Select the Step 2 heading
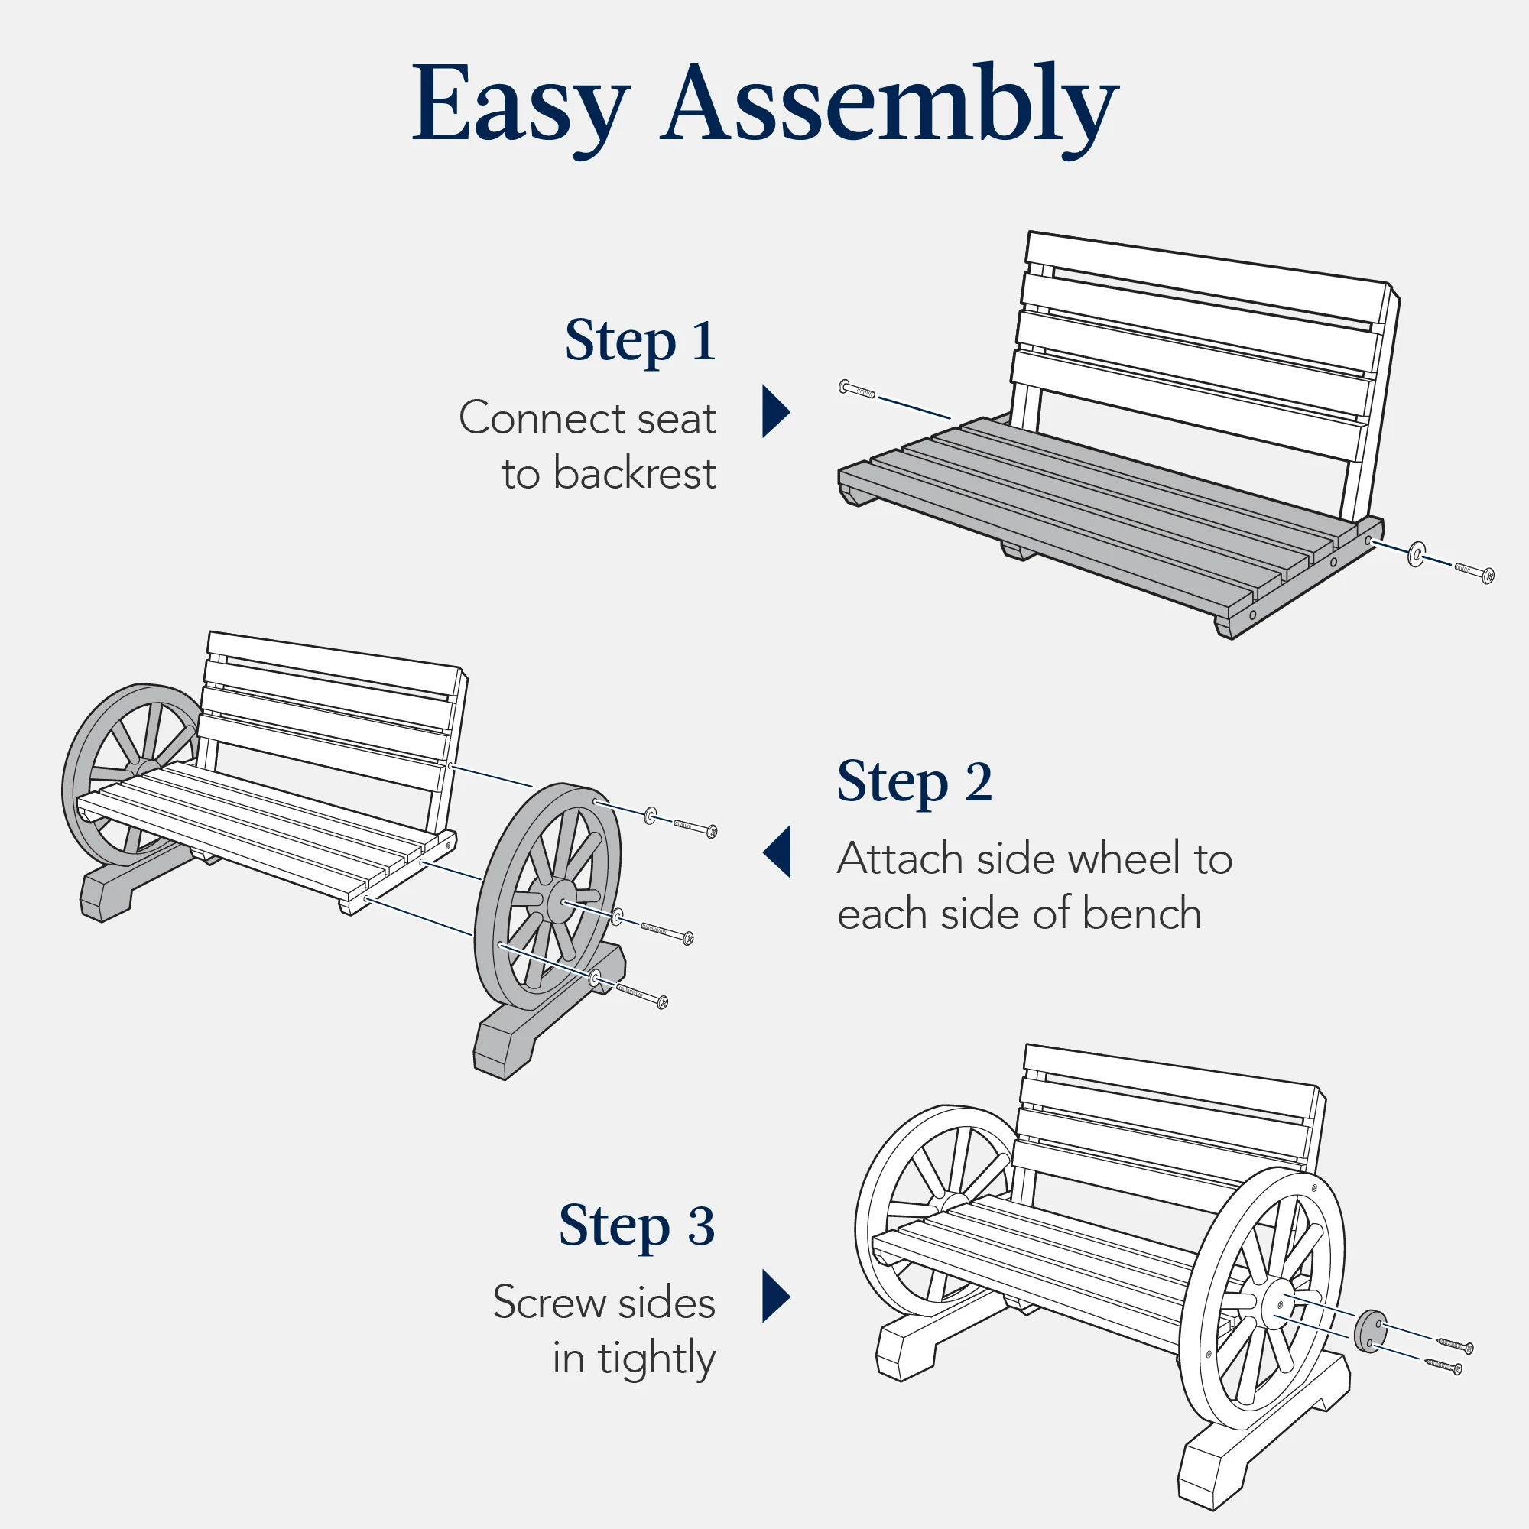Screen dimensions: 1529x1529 click(x=914, y=781)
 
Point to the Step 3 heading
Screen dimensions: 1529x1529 click(x=636, y=1225)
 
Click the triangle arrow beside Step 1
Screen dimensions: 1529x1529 click(x=773, y=411)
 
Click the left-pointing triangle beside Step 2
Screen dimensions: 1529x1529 click(x=778, y=852)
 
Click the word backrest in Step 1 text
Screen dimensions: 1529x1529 click(x=634, y=474)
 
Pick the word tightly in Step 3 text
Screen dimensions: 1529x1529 click(x=656, y=1358)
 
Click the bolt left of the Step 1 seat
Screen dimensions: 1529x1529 click(x=856, y=388)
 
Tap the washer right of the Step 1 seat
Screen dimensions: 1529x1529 click(x=1417, y=554)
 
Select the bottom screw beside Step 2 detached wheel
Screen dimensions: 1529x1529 click(x=641, y=995)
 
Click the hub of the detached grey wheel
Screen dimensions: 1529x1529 click(x=560, y=899)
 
